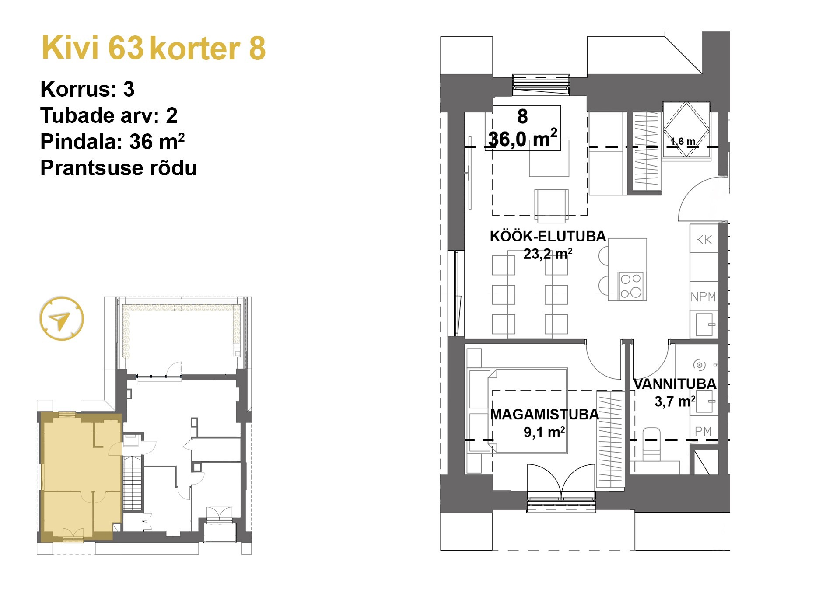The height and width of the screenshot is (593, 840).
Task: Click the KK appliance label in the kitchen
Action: click(x=703, y=240)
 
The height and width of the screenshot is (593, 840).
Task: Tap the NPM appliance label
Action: click(x=703, y=296)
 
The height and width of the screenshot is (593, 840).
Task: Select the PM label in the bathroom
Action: click(x=703, y=431)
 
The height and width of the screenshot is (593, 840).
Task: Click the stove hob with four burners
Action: click(x=631, y=286)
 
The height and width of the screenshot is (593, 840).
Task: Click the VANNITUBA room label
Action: click(x=675, y=384)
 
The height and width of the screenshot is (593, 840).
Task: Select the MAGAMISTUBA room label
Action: click(x=544, y=414)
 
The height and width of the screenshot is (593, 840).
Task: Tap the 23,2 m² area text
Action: click(x=548, y=254)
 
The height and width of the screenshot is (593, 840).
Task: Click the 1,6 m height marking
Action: click(x=682, y=141)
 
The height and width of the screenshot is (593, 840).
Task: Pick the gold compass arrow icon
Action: click(x=61, y=319)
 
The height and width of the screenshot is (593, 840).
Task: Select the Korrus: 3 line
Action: click(x=87, y=89)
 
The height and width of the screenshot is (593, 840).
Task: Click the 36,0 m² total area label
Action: click(x=523, y=139)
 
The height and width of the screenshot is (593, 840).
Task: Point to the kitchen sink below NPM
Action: click(x=704, y=324)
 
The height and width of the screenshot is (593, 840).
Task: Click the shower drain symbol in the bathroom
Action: click(x=699, y=365)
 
